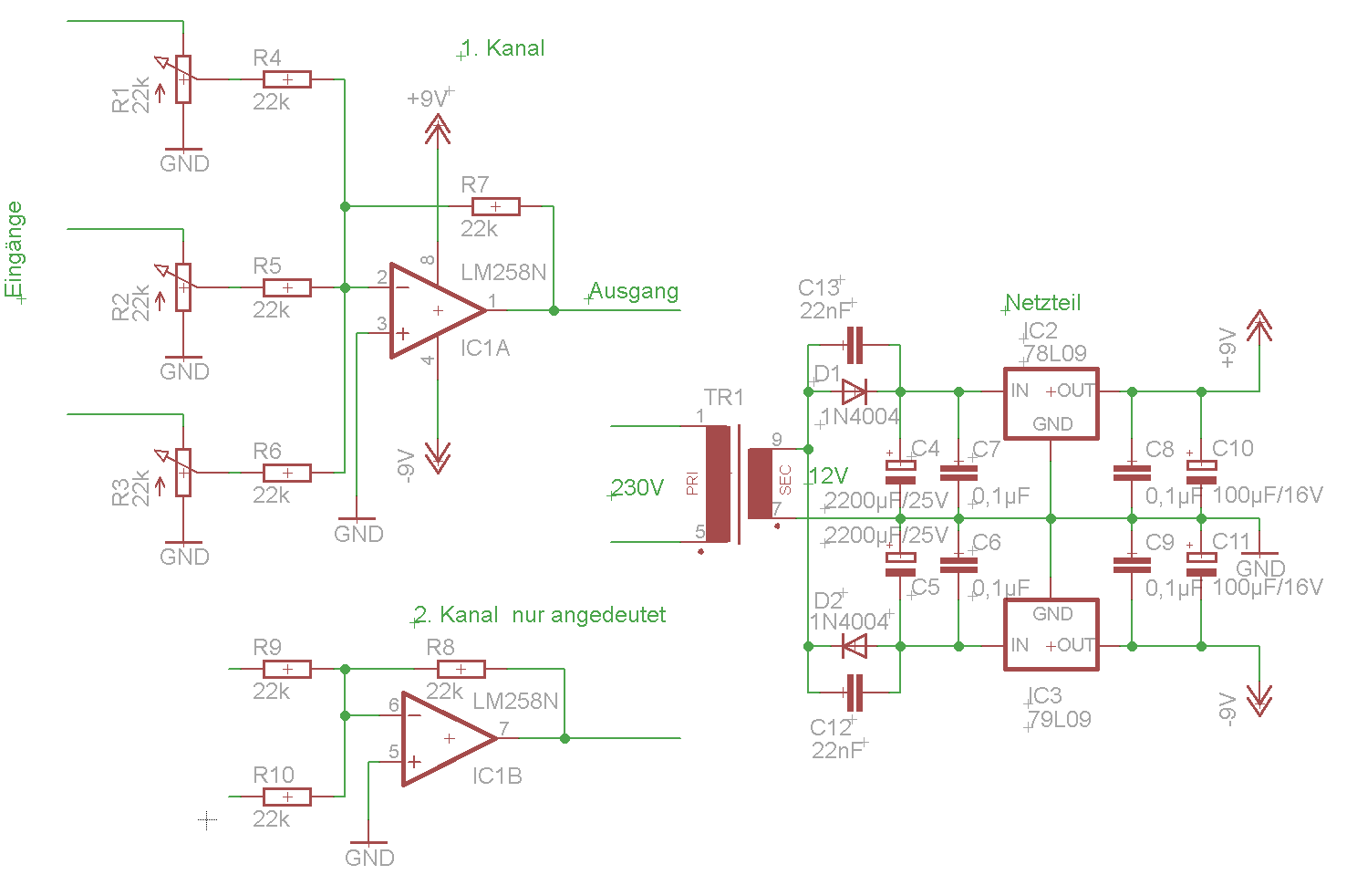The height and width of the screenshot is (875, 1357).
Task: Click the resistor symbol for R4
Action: click(287, 79)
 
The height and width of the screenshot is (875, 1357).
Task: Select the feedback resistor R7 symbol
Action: click(495, 206)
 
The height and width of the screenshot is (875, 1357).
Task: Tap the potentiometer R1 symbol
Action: click(183, 79)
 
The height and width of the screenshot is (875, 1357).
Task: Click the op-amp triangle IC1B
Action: click(448, 738)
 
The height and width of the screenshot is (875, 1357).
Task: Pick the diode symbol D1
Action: click(854, 392)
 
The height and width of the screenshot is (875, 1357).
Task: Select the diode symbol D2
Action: click(854, 647)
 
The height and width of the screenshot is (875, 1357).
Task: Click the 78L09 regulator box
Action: click(1051, 404)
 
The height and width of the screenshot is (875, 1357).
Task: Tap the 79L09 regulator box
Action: click(1051, 635)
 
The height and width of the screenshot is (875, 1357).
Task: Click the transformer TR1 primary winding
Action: click(718, 484)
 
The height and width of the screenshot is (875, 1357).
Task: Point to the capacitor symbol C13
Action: click(855, 345)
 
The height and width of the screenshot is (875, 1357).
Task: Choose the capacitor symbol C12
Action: click(855, 693)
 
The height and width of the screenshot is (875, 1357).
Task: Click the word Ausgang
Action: click(634, 291)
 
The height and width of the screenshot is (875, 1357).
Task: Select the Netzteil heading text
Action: click(1043, 302)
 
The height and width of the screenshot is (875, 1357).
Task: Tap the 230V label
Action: click(637, 487)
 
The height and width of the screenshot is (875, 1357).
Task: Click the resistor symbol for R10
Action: click(287, 797)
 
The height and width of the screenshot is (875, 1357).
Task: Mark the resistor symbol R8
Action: click(461, 669)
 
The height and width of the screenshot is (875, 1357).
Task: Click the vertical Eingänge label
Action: click(15, 249)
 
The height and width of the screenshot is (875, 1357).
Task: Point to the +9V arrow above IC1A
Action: click(438, 131)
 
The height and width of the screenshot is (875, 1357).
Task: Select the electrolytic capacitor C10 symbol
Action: click(1201, 471)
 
